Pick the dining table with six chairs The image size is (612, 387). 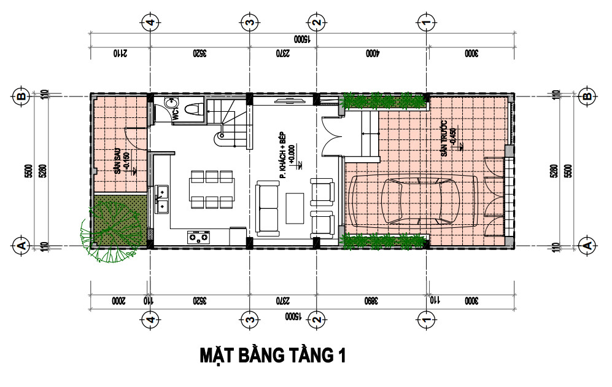pyautogui.click(x=212, y=190)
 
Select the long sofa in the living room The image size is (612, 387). pyautogui.click(x=268, y=208)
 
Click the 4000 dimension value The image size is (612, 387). pyautogui.click(x=372, y=53)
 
